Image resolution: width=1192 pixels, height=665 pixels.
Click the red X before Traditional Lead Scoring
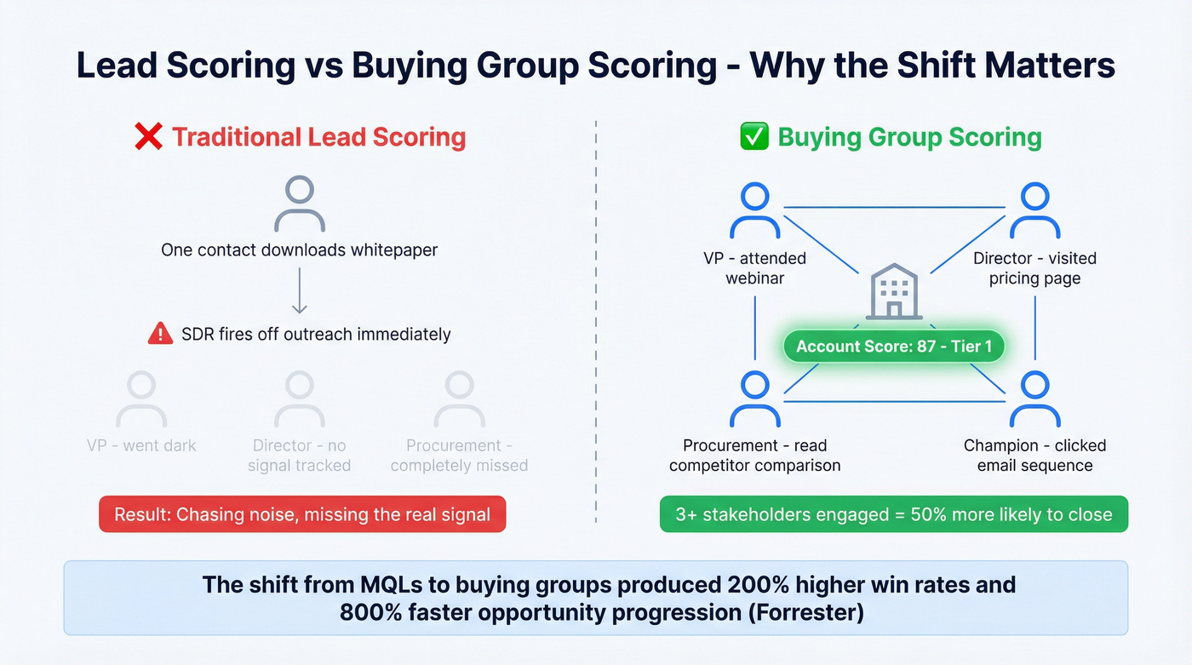(x=149, y=137)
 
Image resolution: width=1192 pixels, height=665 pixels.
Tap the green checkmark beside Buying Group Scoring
(x=754, y=137)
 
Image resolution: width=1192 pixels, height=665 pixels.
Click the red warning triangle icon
(x=160, y=334)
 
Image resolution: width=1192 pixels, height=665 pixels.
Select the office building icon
(x=894, y=292)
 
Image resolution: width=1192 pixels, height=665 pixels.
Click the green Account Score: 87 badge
(x=894, y=347)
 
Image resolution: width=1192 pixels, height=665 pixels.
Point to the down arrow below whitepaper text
(x=299, y=294)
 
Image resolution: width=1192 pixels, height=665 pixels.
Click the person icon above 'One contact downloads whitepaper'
(x=299, y=204)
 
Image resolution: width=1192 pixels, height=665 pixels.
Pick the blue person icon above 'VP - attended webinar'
(x=755, y=211)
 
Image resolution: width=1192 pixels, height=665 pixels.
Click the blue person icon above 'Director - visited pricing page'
(x=1034, y=211)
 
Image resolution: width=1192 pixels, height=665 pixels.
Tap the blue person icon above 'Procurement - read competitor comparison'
(x=755, y=398)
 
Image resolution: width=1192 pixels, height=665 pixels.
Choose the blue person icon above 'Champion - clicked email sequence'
(x=1034, y=398)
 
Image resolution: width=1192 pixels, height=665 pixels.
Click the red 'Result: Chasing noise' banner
(x=302, y=514)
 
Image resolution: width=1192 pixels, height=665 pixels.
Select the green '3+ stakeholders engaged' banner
(x=894, y=514)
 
